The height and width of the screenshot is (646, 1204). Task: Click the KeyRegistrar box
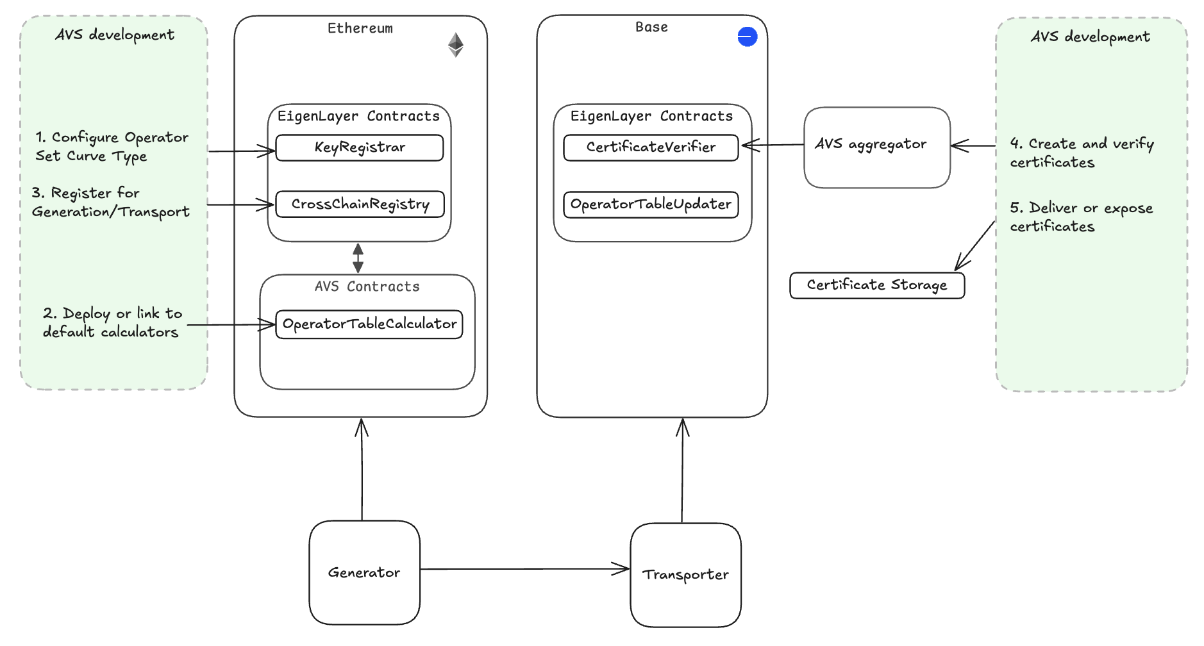point(359,147)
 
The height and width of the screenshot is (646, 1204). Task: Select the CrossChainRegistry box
point(360,204)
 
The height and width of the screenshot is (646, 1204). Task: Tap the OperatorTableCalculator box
point(369,324)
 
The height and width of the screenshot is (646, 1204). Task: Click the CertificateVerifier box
point(651,147)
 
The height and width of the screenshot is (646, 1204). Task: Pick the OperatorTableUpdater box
point(651,204)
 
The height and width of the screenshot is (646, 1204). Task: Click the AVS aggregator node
point(876,147)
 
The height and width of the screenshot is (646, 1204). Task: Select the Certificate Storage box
point(876,285)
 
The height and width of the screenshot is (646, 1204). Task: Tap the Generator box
point(364,572)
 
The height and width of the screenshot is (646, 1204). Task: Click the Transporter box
point(685,575)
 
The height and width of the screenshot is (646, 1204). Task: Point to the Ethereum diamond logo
point(455,45)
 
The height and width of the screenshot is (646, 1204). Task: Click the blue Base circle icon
point(747,37)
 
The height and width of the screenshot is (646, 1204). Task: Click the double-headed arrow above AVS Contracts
point(358,258)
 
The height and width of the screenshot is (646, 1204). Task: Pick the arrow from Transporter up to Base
point(682,471)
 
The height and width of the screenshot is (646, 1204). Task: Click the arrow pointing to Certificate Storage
point(974,245)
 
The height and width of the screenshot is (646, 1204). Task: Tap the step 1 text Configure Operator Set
point(112,147)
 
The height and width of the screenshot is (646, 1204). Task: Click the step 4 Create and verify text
point(1081,153)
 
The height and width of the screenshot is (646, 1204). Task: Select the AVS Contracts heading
point(367,286)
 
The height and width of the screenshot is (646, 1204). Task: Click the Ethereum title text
point(360,28)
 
